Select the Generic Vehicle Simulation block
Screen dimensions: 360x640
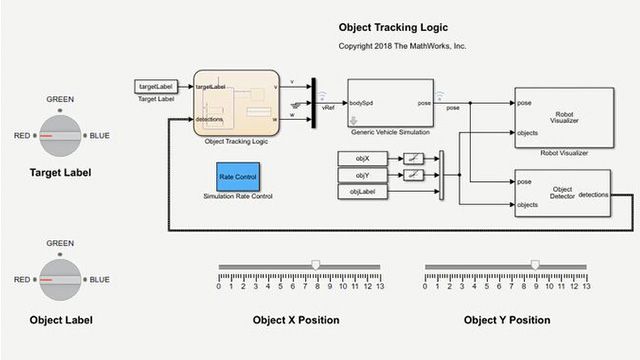tap(390, 104)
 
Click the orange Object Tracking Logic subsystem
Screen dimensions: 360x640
tap(236, 103)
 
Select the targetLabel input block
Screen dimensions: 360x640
tap(155, 87)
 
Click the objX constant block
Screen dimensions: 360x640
tap(362, 159)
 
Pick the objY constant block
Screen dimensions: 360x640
tap(362, 175)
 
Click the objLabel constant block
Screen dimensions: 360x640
tap(362, 191)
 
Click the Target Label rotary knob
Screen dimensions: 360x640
tap(59, 135)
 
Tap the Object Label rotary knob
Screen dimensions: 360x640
tap(59, 280)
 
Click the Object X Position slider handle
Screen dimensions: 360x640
tap(315, 265)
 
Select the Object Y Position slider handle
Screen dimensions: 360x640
tap(534, 265)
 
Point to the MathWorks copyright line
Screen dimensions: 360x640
tap(403, 46)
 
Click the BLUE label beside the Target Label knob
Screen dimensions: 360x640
tap(100, 136)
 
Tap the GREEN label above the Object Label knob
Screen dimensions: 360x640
tap(60, 243)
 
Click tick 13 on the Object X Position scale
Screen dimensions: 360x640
tap(378, 286)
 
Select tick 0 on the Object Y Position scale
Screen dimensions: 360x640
tap(426, 286)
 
